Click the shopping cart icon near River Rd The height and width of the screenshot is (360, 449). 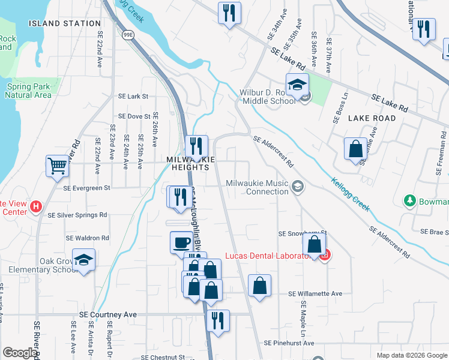(x=58, y=166)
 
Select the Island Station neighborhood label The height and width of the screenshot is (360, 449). (x=65, y=23)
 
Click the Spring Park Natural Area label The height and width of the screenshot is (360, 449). (x=29, y=91)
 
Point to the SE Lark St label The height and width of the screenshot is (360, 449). (x=133, y=96)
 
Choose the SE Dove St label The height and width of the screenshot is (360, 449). (x=134, y=116)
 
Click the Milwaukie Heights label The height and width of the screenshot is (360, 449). (x=188, y=163)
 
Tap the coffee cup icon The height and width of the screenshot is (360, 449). (x=182, y=242)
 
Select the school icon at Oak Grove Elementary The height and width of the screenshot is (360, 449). (x=84, y=260)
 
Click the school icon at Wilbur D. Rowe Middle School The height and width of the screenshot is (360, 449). (x=297, y=86)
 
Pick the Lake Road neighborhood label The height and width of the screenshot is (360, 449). (x=372, y=118)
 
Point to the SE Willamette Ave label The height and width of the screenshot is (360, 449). (x=315, y=294)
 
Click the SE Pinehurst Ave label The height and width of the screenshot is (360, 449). (x=289, y=343)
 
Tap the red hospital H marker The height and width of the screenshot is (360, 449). (x=36, y=208)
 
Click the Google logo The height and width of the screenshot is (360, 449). (x=19, y=353)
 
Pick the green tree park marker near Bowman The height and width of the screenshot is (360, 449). (x=411, y=200)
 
